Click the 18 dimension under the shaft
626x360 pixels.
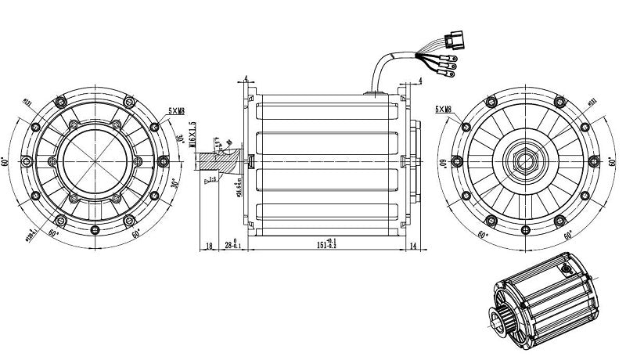pyautogui.click(x=209, y=245)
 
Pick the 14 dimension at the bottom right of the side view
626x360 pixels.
pyautogui.click(x=412, y=245)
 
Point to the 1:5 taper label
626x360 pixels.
pyautogui.click(x=210, y=181)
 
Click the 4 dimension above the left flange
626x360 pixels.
pyautogui.click(x=246, y=77)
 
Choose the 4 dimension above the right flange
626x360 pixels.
pyautogui.click(x=421, y=81)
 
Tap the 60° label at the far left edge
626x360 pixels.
pyautogui.click(x=5, y=161)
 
